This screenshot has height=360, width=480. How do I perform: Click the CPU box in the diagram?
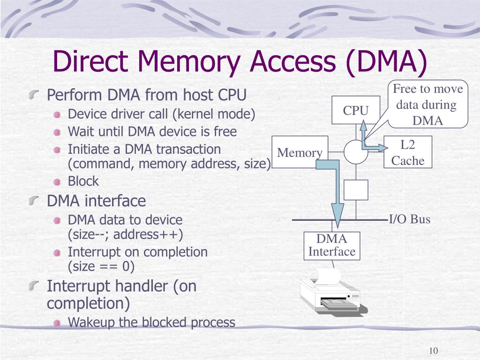[x=356, y=110]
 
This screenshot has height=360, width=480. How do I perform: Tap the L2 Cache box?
[x=407, y=152]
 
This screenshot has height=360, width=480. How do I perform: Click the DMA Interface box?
[x=332, y=246]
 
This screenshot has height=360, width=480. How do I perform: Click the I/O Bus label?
[x=410, y=219]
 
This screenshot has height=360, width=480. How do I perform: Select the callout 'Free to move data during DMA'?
[x=427, y=105]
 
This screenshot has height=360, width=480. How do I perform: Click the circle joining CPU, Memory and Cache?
[x=356, y=152]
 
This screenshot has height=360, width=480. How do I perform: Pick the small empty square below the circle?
[x=356, y=189]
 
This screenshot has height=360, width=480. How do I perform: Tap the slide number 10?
[x=433, y=352]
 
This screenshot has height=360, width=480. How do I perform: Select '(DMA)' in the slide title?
[x=387, y=63]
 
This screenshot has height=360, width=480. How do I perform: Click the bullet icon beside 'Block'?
[x=57, y=181]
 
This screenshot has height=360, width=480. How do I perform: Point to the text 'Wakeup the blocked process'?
[x=151, y=322]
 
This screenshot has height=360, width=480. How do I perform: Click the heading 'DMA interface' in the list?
[x=97, y=201]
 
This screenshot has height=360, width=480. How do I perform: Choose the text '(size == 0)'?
[x=101, y=267]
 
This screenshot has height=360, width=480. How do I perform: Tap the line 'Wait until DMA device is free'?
[x=152, y=132]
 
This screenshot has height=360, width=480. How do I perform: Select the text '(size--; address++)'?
[x=126, y=234]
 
